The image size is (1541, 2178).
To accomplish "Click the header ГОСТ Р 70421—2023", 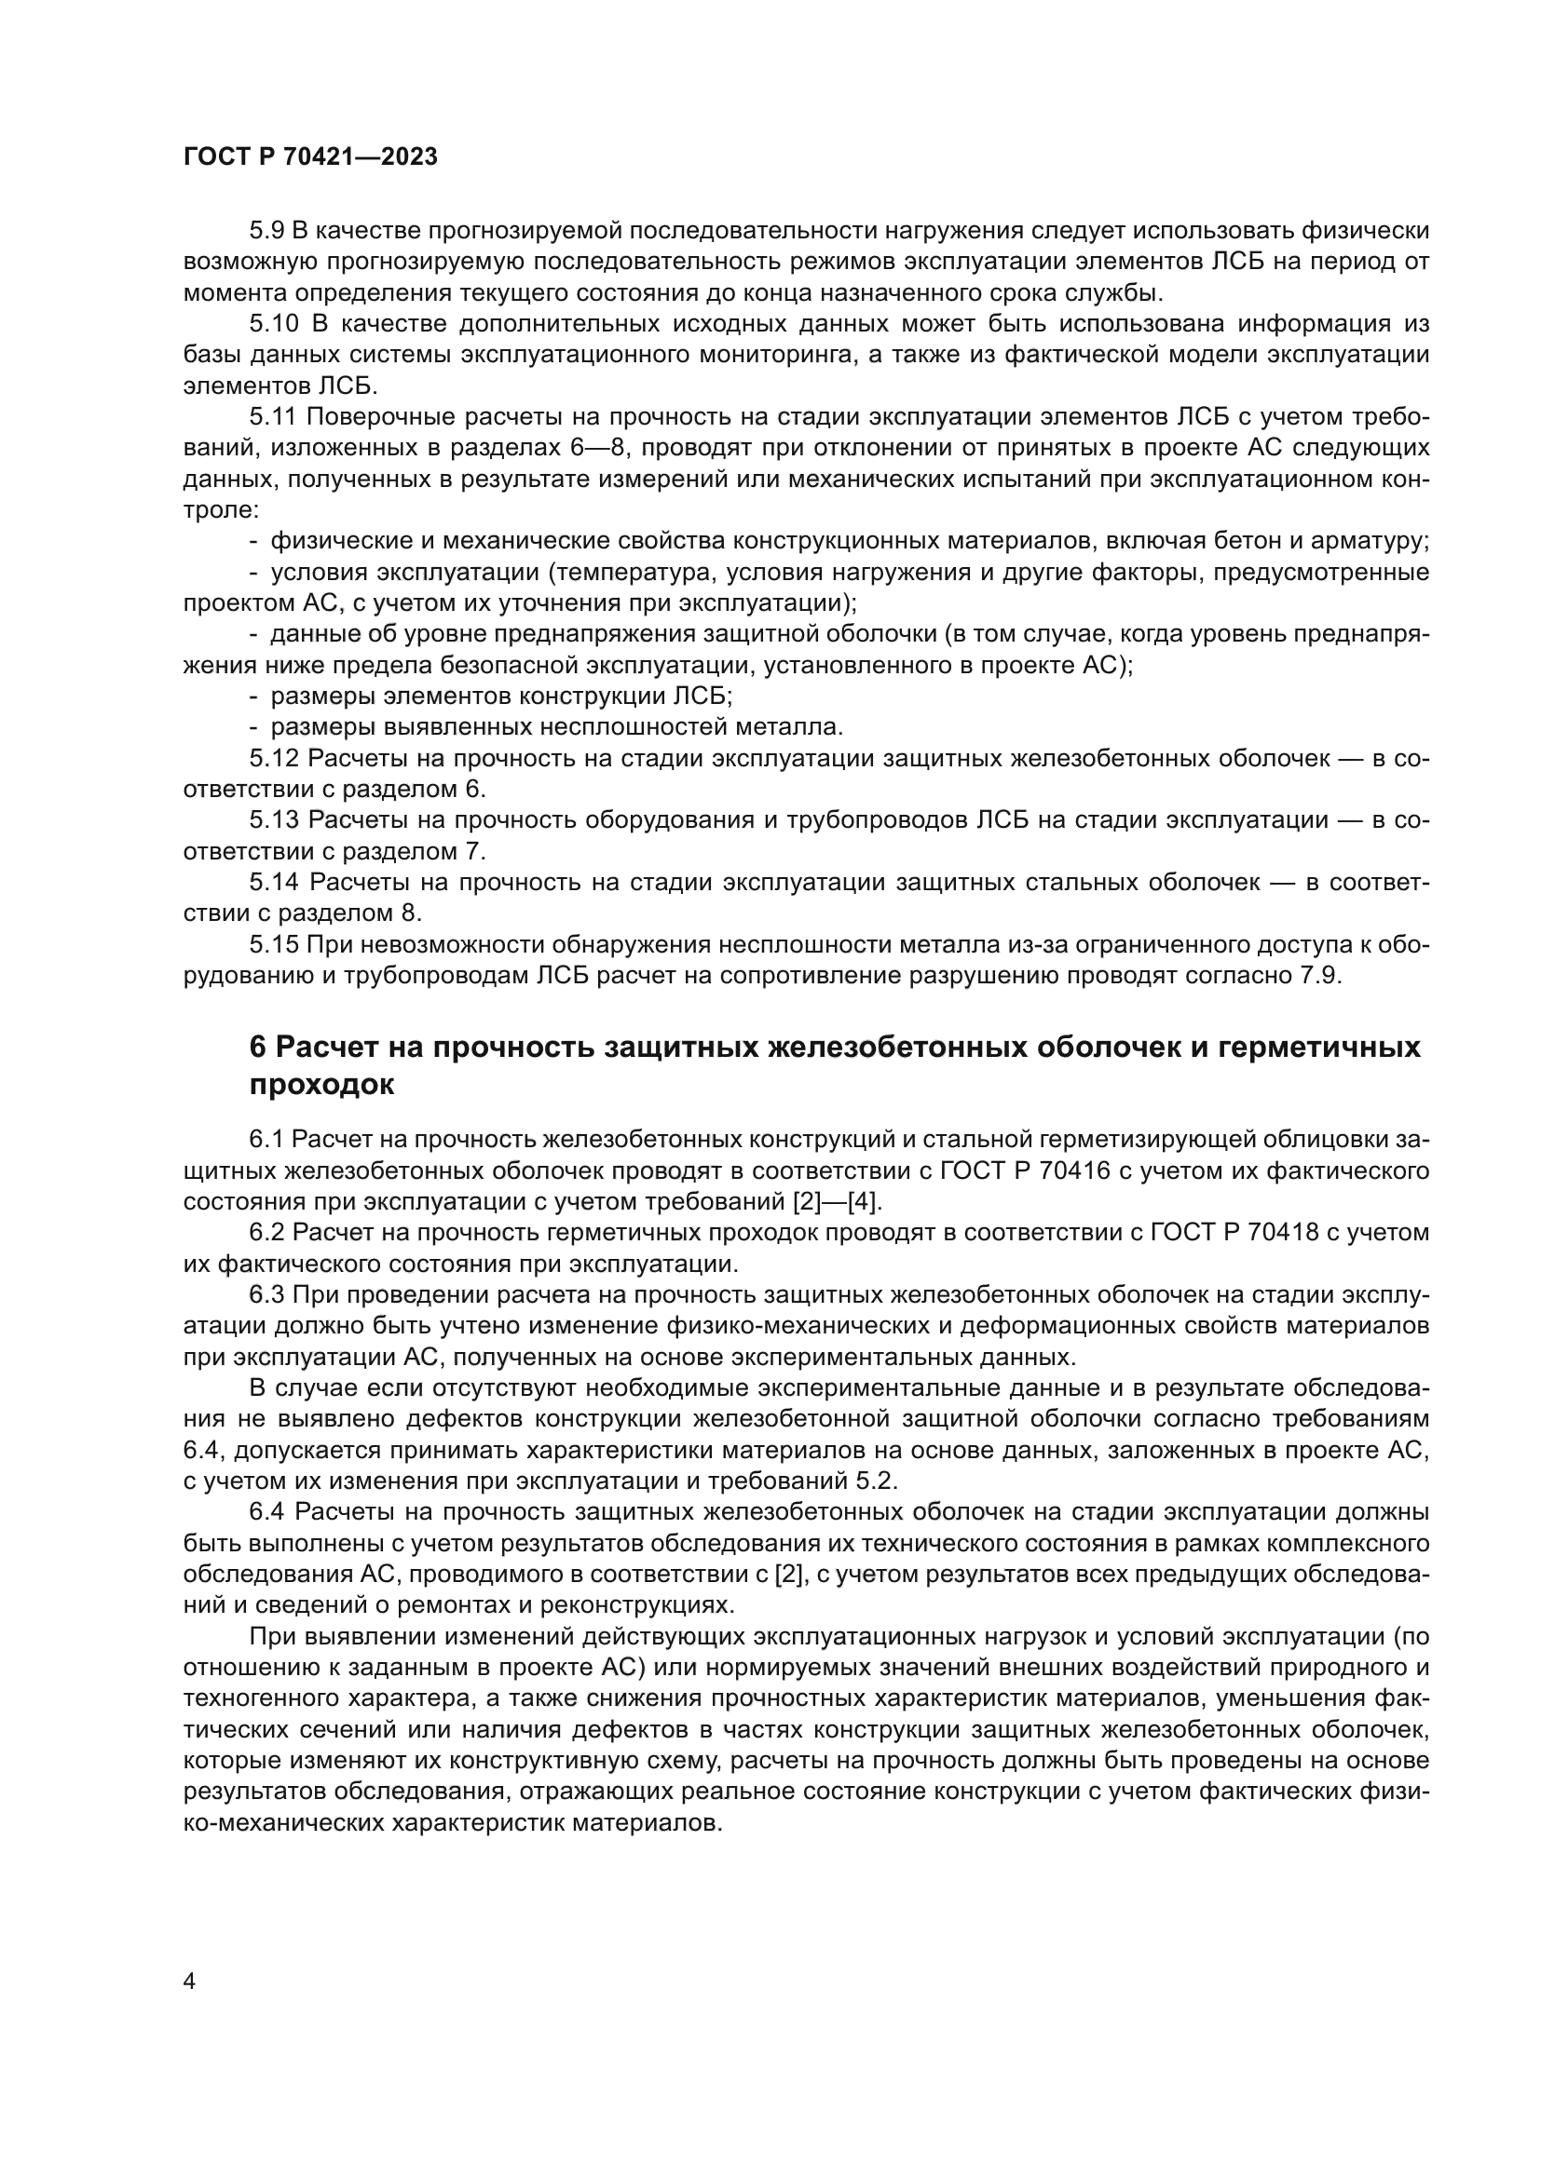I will click(310, 157).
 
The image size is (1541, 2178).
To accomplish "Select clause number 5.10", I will click(273, 323).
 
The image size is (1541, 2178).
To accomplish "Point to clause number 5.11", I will click(272, 417).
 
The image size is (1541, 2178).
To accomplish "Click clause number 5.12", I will click(273, 759).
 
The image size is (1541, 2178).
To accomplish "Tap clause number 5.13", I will click(273, 820).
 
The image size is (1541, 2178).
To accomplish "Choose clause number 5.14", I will click(273, 882).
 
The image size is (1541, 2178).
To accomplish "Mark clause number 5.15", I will click(273, 945).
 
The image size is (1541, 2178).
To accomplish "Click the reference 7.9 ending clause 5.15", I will click(1318, 976).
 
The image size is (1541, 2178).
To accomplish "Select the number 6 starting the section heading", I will click(257, 1048).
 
